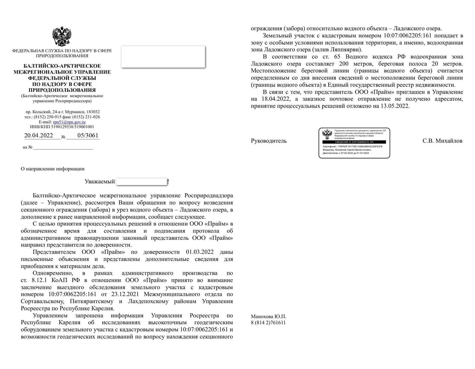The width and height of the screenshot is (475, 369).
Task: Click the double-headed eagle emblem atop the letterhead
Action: pos(62,36)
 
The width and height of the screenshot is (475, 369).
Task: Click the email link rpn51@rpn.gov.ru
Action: pos(69,122)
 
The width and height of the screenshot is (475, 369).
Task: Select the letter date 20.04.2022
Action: pos(39,135)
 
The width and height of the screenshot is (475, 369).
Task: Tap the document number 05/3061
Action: pos(88,135)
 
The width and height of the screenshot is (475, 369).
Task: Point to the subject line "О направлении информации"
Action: pos(53,169)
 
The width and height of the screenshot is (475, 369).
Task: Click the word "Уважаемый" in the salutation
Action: pos(99,182)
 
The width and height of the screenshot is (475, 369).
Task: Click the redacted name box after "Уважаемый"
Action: pos(142,182)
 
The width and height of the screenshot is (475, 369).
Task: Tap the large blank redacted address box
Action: pos(163,57)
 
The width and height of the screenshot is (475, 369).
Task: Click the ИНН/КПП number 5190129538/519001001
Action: pos(73,127)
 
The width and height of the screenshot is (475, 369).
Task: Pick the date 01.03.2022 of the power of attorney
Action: pos(200,252)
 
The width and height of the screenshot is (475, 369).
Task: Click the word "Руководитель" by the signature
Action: pos(269,141)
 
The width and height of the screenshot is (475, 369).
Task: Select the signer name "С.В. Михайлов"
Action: pos(442,141)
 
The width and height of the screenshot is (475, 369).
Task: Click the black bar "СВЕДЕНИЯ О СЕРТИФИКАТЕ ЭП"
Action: pos(354,142)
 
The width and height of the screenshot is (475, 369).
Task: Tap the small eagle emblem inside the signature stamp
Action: pos(327,134)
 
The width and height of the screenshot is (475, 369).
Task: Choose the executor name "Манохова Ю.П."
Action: pos(268,317)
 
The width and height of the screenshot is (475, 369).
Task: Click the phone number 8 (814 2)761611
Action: pos(268,323)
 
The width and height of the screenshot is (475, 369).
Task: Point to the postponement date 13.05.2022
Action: pos(395,106)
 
